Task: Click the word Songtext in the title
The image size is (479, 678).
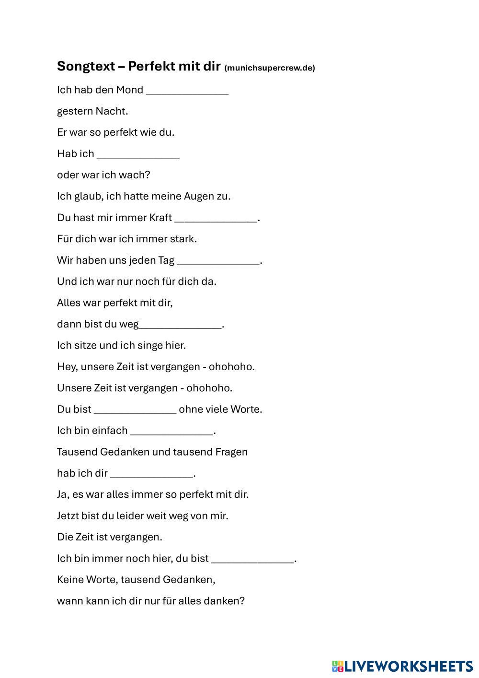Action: (x=85, y=66)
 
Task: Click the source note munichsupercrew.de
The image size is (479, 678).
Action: (x=270, y=68)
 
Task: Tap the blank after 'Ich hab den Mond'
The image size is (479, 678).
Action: (x=187, y=90)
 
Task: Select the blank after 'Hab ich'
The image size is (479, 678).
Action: (x=138, y=154)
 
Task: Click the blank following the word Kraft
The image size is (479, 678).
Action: (x=216, y=218)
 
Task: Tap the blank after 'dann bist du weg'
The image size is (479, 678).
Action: (x=181, y=324)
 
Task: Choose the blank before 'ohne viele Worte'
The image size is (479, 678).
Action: (x=135, y=409)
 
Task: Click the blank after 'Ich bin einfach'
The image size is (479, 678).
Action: (x=171, y=431)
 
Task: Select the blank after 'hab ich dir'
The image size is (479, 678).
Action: (x=151, y=473)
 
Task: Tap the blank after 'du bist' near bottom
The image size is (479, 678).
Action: (x=252, y=559)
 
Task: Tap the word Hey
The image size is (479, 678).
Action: (x=67, y=367)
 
